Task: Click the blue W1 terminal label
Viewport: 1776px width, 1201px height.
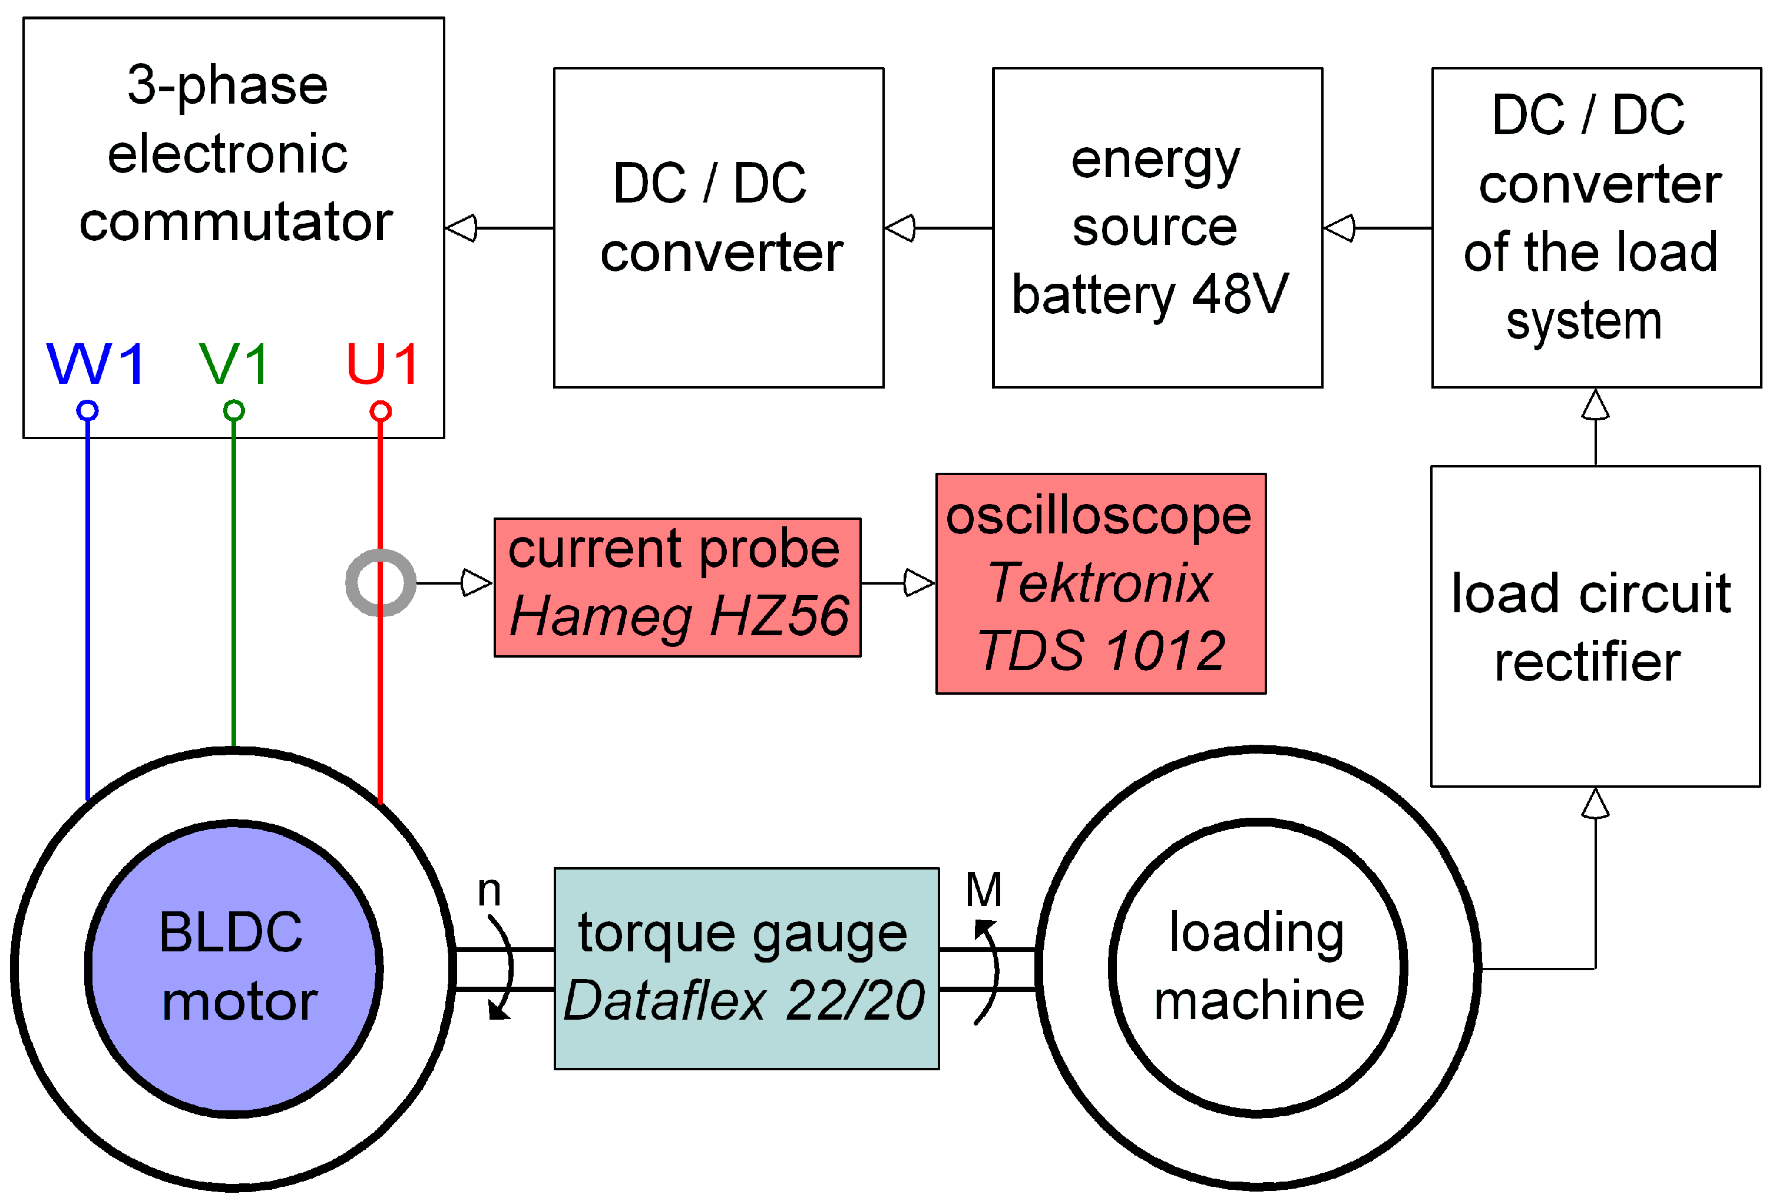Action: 95,364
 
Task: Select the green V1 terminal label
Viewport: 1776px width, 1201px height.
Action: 234,364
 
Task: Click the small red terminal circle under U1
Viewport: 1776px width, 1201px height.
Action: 381,412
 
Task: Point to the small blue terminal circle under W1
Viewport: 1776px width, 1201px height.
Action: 88,411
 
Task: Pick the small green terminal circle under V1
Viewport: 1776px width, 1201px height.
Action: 234,411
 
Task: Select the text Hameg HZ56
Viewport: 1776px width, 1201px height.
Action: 679,616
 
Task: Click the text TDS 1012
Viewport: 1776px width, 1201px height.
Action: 1101,651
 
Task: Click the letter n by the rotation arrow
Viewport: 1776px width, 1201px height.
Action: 489,891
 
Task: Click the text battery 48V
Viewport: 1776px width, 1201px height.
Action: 1150,295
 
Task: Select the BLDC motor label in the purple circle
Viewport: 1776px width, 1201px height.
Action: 234,967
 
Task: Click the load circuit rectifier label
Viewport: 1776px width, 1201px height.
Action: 1591,627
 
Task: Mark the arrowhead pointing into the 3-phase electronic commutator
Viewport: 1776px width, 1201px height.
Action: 462,228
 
